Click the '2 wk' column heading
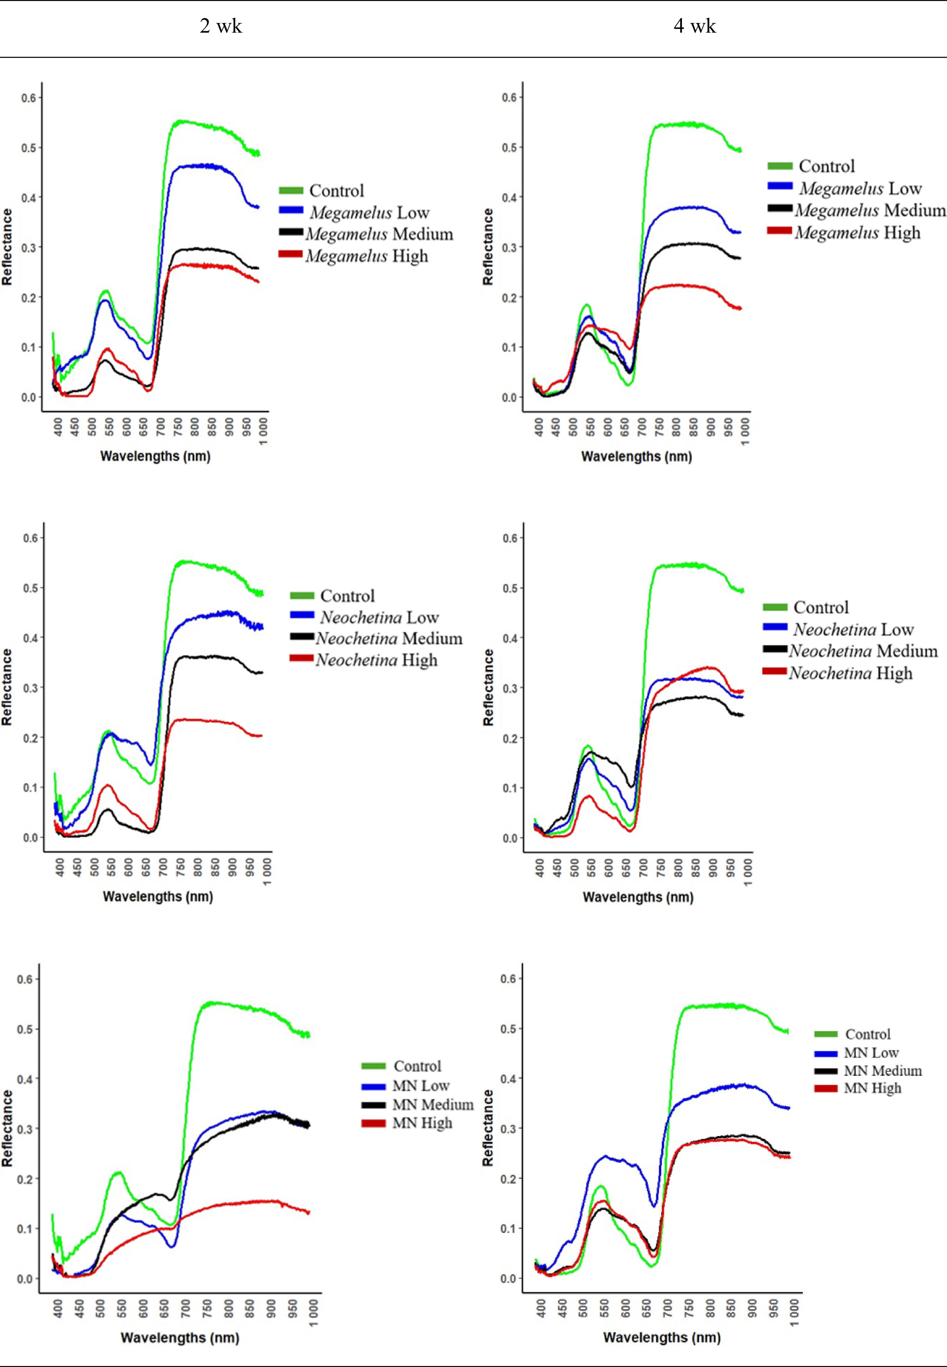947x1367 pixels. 221,26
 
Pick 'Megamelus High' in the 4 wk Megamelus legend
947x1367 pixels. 857,232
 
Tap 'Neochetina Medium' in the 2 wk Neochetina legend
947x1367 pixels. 389,639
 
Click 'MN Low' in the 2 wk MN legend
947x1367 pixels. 421,1085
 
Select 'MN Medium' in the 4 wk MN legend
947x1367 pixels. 882,1071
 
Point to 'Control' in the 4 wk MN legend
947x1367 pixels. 867,1034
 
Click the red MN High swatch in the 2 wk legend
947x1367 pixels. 373,1123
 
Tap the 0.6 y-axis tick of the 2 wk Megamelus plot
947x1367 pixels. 29,98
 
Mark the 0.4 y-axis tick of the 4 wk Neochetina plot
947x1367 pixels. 510,638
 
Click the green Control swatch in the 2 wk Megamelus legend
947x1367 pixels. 291,190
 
